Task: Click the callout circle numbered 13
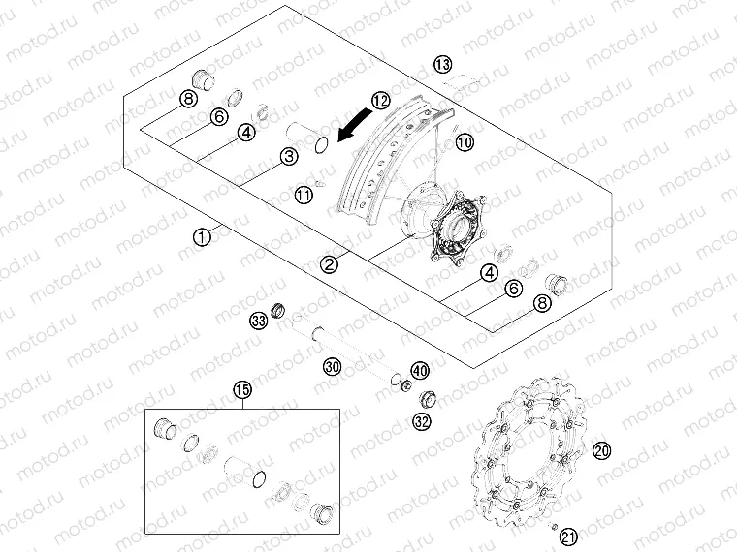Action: [442, 64]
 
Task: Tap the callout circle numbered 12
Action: [381, 100]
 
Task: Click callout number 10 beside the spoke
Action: [465, 141]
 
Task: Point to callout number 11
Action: [304, 195]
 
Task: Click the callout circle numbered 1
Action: [202, 237]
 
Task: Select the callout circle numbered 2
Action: [329, 264]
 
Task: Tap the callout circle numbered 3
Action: [289, 156]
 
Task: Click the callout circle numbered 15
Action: [242, 389]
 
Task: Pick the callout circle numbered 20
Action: [601, 451]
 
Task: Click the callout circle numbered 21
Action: [568, 537]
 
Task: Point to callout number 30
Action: [333, 366]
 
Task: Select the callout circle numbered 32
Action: [422, 421]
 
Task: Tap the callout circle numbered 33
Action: [258, 322]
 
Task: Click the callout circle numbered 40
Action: [420, 371]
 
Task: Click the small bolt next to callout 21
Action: [553, 526]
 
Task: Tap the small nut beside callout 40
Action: [406, 386]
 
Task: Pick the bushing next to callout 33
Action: [278, 309]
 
